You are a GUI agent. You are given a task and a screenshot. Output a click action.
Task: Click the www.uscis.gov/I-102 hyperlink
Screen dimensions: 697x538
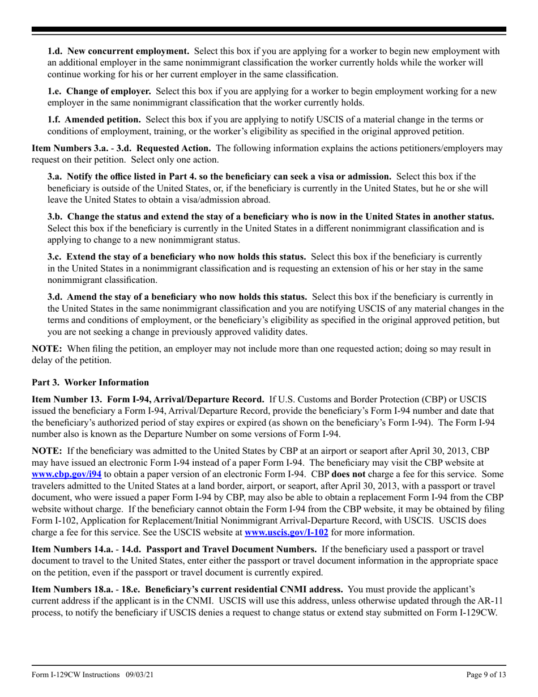click(x=286, y=533)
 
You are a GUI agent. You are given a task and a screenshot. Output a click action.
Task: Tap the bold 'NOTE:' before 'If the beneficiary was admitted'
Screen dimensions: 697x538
click(x=46, y=451)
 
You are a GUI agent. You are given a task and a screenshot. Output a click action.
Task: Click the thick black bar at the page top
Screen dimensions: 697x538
click(x=268, y=29)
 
